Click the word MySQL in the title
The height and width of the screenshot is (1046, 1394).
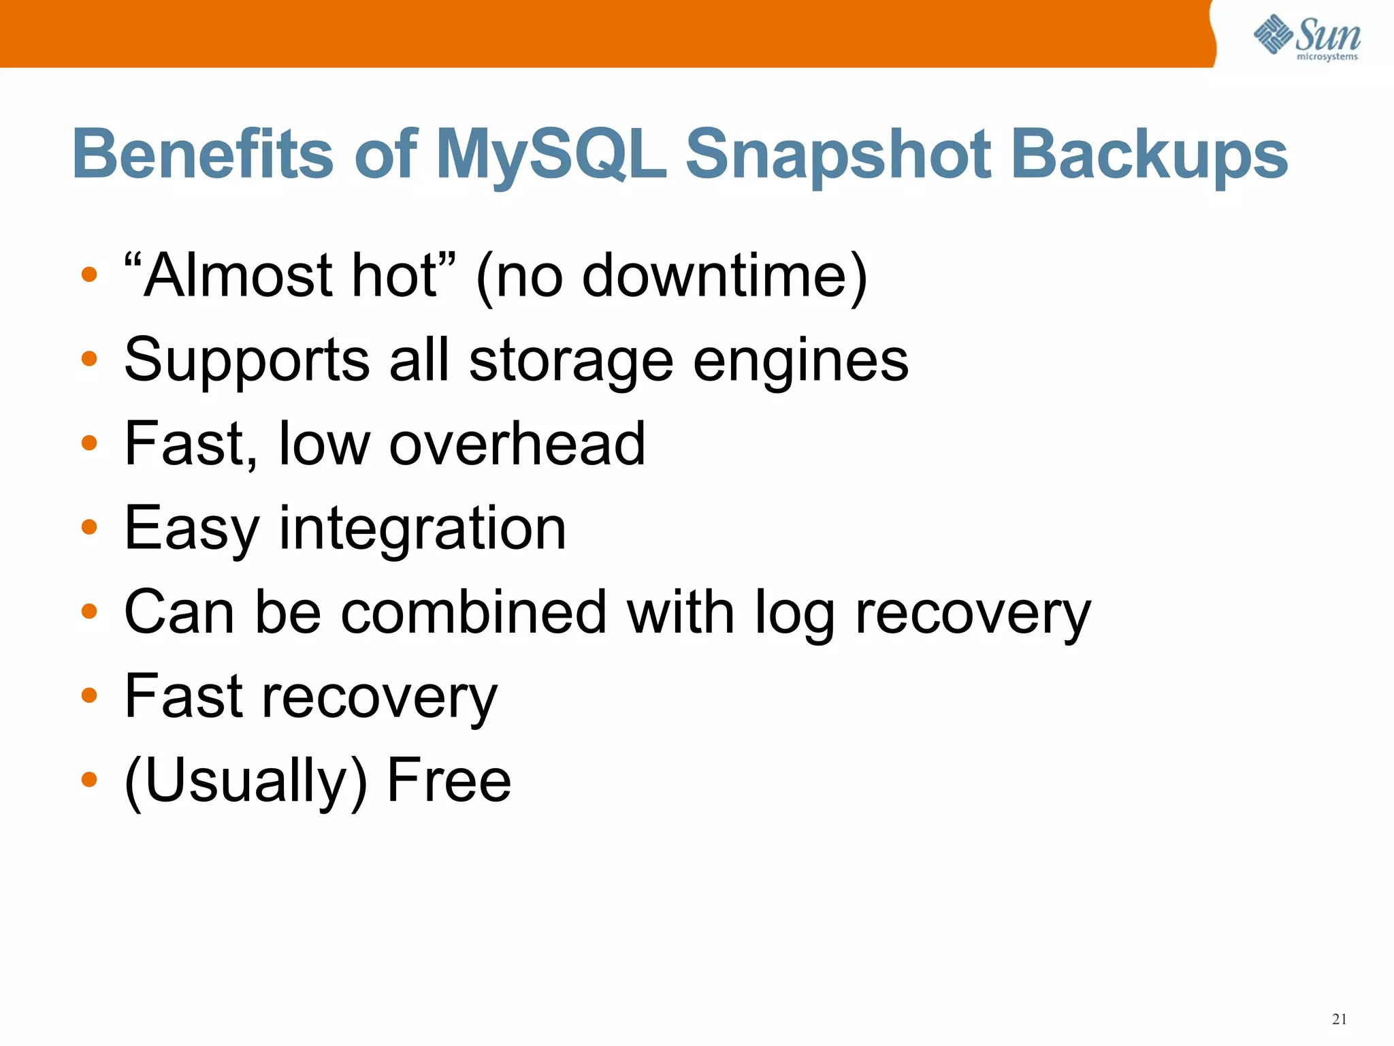[550, 155]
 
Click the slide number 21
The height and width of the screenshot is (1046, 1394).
[1339, 1019]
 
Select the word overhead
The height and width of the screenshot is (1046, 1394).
[517, 444]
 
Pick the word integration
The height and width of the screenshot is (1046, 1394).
[423, 528]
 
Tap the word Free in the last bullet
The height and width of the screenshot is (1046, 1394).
[449, 780]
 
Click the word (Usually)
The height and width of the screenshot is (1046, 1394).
[246, 780]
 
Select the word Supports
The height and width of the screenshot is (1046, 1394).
[247, 361]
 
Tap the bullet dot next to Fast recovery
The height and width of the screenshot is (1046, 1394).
[89, 695]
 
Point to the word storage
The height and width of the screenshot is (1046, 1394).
[571, 361]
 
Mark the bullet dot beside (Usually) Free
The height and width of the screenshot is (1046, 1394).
[89, 779]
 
